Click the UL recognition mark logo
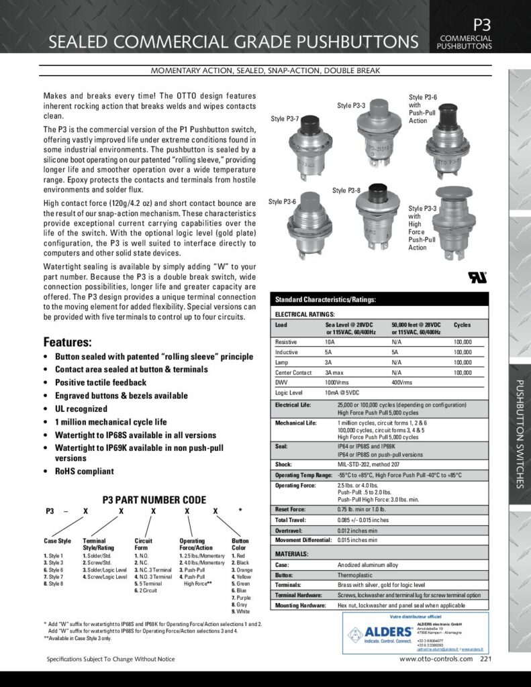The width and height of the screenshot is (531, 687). coord(478,276)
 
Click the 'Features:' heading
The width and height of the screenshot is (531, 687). coord(67,341)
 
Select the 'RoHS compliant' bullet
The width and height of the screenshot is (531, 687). coord(84,471)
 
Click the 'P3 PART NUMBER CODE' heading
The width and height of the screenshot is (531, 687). coord(154,500)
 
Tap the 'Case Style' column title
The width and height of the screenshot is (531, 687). coord(57,541)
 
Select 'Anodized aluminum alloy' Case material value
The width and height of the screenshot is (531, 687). coord(369,565)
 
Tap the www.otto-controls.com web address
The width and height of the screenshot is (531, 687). coord(436,659)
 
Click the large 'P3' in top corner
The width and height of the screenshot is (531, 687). coord(482,24)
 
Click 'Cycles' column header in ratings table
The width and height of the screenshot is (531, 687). coord(462,324)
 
